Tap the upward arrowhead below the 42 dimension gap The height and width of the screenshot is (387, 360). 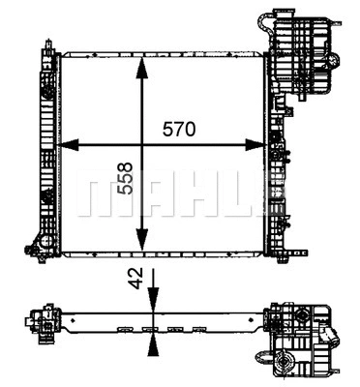[152, 335]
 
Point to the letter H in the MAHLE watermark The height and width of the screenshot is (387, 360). [188, 195]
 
